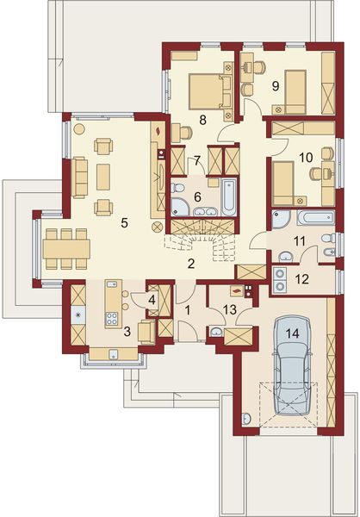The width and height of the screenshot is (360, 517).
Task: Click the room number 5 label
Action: click(124, 223)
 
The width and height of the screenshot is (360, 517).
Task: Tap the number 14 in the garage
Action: click(293, 333)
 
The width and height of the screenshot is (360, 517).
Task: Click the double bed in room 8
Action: click(207, 91)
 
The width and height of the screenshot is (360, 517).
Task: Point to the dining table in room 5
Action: click(66, 249)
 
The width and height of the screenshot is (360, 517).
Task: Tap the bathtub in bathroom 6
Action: click(229, 196)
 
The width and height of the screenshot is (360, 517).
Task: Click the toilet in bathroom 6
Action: click(177, 189)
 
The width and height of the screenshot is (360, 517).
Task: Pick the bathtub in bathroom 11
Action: click(315, 218)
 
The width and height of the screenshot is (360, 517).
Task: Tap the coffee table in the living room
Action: click(102, 177)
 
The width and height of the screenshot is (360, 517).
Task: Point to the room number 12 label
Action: click(301, 279)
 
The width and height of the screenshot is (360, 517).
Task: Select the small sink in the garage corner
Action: click(246, 419)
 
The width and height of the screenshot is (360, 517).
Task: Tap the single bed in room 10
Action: click(284, 183)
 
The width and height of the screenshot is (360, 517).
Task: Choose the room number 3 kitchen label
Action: click(127, 332)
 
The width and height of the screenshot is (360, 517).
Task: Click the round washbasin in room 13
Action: click(216, 332)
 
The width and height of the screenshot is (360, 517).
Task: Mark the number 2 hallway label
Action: click(191, 264)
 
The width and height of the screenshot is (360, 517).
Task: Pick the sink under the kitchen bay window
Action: click(113, 354)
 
